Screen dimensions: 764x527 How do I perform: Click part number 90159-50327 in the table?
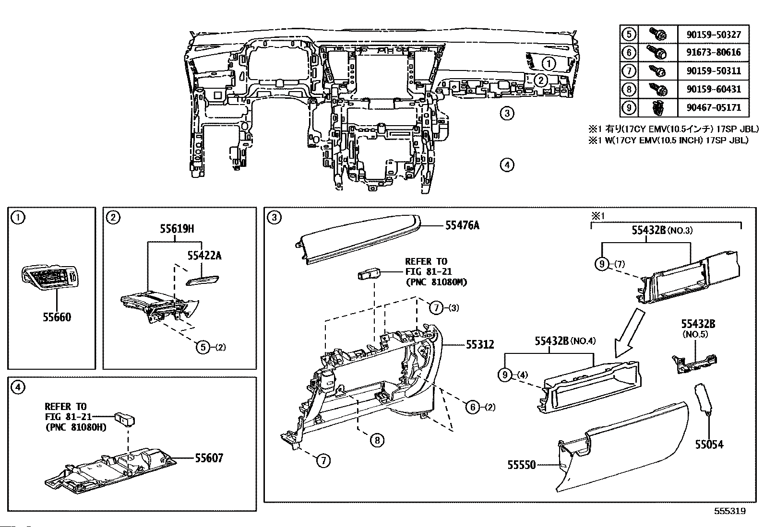(714, 35)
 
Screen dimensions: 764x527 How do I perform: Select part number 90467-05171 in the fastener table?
(714, 108)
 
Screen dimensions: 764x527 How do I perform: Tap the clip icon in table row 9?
(657, 108)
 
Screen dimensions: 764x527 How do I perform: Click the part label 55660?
(57, 317)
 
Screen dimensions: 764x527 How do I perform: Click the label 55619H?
(177, 229)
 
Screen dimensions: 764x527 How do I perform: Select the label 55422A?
(204, 255)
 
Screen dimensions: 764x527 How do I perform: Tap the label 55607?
(209, 458)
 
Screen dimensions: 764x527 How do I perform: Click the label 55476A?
(462, 225)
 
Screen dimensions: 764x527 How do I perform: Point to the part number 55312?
(480, 345)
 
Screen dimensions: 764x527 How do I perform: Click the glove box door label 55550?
(522, 465)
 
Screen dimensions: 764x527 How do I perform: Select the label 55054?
(709, 445)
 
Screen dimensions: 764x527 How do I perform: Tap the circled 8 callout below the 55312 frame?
(377, 440)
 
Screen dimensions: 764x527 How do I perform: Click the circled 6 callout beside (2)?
(473, 407)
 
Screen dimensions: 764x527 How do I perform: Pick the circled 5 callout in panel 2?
(203, 347)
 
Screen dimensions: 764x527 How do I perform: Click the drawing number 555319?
(730, 511)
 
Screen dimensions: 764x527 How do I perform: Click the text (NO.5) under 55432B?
(695, 334)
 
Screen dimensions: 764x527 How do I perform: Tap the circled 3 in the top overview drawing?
(507, 113)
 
